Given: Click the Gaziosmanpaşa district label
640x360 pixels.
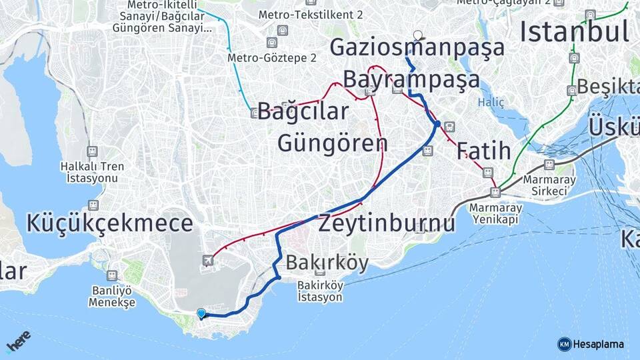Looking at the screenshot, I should click(x=417, y=48).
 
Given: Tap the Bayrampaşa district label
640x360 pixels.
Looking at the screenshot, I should click(x=411, y=79).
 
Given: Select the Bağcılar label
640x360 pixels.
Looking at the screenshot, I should click(x=303, y=111).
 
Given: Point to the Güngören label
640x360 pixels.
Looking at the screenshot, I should click(x=332, y=143).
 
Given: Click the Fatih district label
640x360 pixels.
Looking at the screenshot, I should click(x=483, y=151).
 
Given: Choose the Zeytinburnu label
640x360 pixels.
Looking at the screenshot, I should click(x=387, y=223).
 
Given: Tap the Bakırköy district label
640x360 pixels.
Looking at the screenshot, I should click(x=327, y=263).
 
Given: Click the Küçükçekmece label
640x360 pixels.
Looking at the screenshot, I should click(x=109, y=223).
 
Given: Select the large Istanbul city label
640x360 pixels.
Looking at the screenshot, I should click(x=574, y=31).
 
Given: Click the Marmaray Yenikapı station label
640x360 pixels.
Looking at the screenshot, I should click(x=496, y=214).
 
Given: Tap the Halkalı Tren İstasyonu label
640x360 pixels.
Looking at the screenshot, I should click(x=89, y=172).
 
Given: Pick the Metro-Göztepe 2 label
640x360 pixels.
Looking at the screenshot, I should click(x=271, y=58).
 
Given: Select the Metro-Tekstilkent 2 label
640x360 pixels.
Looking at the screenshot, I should click(x=310, y=14).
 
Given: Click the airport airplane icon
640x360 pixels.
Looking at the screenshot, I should click(x=209, y=260).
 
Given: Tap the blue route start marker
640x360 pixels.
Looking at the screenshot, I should click(x=201, y=313).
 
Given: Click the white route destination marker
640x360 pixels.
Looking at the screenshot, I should click(x=417, y=35).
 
